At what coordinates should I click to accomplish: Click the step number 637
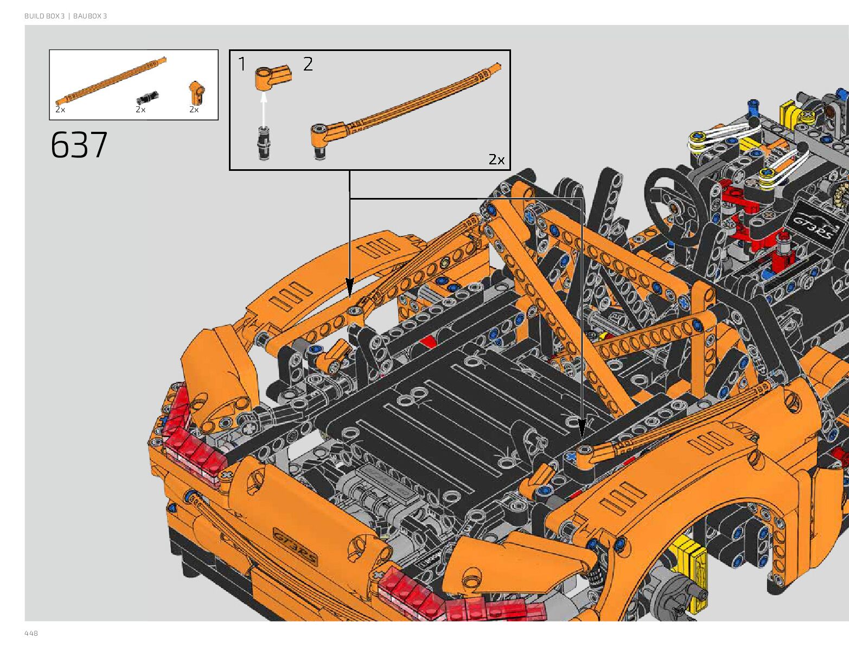[79, 145]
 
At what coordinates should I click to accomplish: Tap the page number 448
[31, 633]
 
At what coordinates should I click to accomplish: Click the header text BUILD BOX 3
[44, 16]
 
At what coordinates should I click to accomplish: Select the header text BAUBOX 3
[90, 16]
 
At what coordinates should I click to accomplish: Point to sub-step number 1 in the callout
[242, 64]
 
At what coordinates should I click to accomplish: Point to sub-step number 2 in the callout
[308, 64]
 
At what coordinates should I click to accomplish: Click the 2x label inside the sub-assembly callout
[496, 159]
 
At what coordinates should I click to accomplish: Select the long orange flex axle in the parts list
[111, 81]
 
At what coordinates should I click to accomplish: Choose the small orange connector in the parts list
[197, 93]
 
